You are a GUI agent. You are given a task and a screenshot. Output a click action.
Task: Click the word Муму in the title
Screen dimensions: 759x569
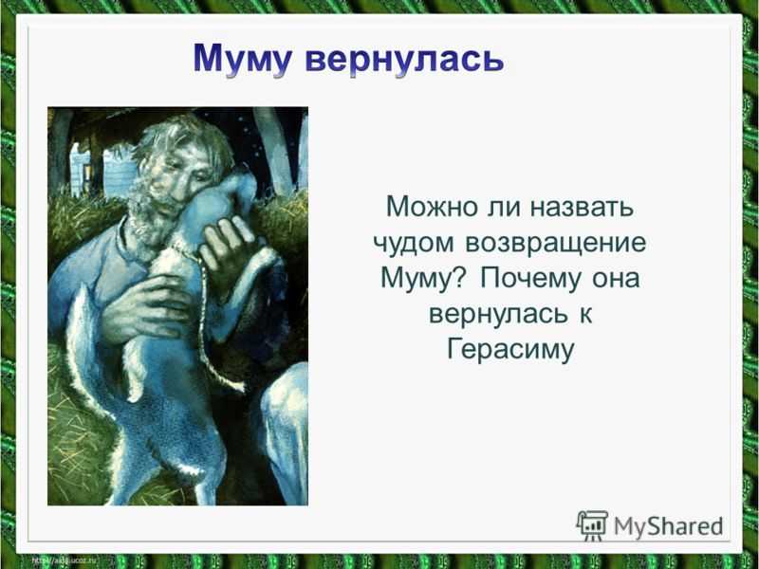(243, 59)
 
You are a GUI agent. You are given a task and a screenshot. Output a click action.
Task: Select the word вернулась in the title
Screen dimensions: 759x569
(405, 60)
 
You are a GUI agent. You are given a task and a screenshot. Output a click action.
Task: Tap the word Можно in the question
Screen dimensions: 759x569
(432, 207)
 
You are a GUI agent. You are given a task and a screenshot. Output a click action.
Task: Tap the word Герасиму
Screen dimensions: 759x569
(510, 350)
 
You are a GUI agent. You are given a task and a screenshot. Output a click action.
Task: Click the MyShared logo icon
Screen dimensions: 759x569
(592, 526)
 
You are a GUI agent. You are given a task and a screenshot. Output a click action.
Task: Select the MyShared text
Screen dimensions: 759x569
(669, 526)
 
